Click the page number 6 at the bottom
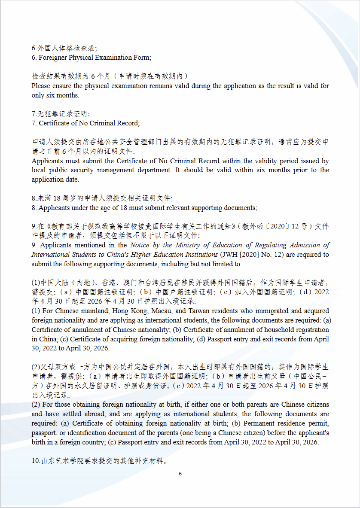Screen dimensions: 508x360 pyautogui.click(x=180, y=474)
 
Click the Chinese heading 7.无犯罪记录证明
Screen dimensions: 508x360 pyautogui.click(x=61, y=114)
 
